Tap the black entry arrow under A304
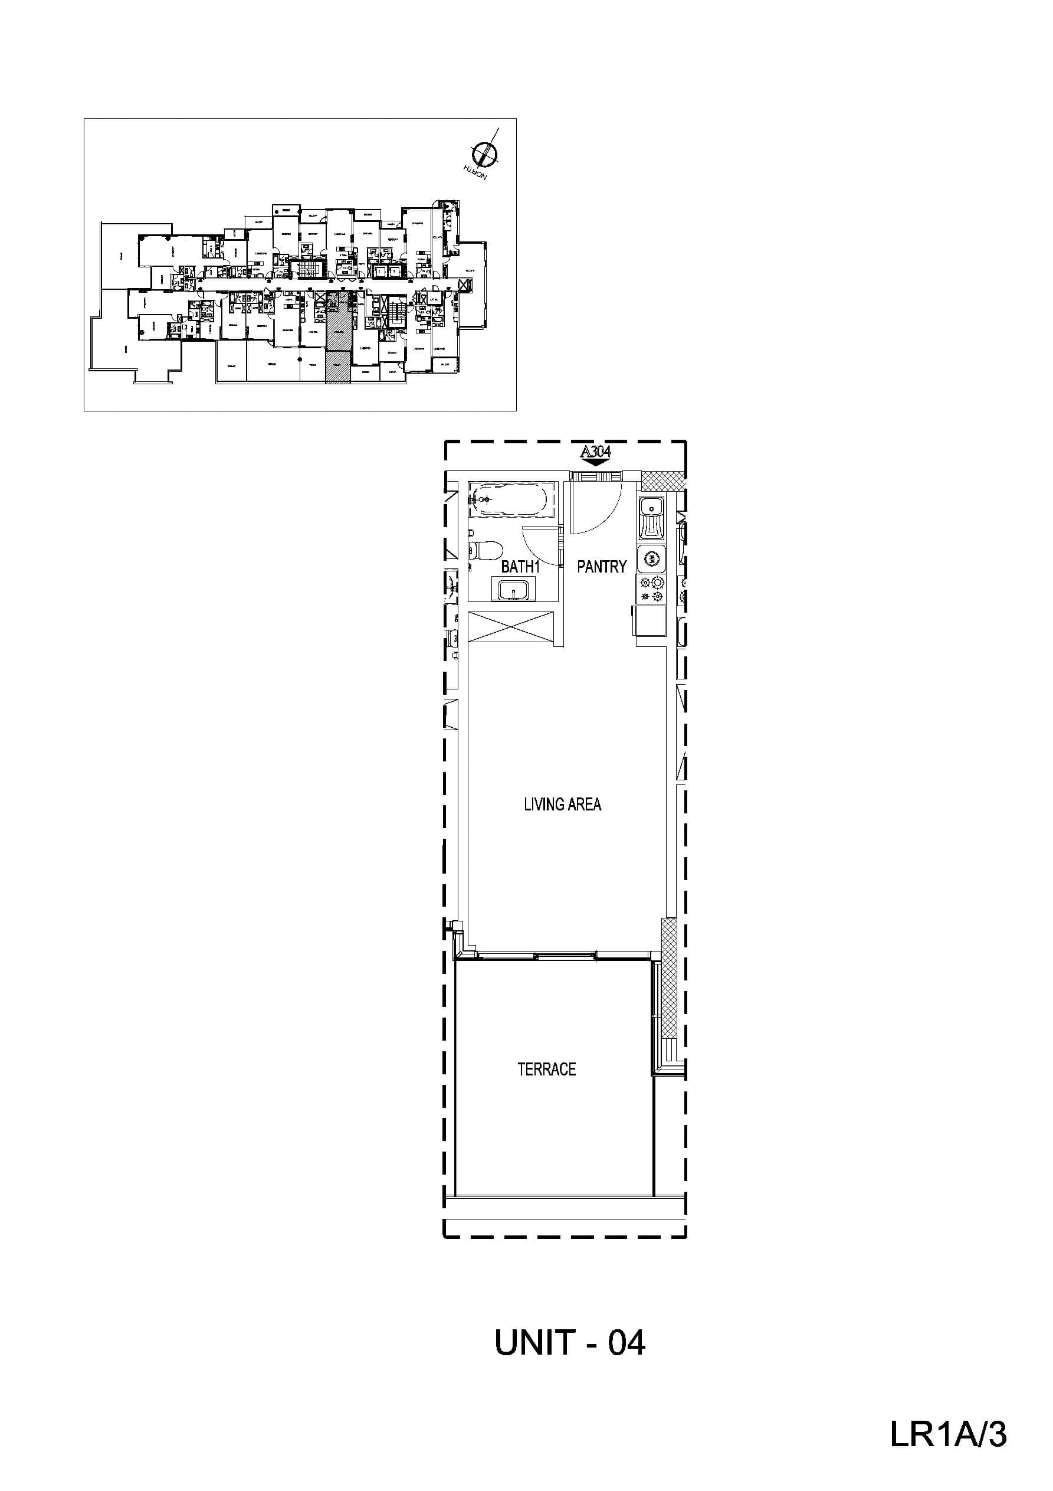click(x=596, y=462)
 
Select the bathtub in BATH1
click(x=512, y=499)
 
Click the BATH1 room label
click(x=520, y=567)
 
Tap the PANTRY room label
click(x=601, y=567)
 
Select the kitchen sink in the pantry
click(x=651, y=518)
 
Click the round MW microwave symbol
click(x=651, y=558)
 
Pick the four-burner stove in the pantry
click(x=652, y=588)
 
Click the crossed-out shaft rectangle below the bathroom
click(x=511, y=627)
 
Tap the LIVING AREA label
click(x=562, y=805)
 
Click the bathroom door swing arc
click(x=540, y=545)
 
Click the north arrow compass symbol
click(x=484, y=153)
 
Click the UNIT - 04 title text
click(x=569, y=1343)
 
